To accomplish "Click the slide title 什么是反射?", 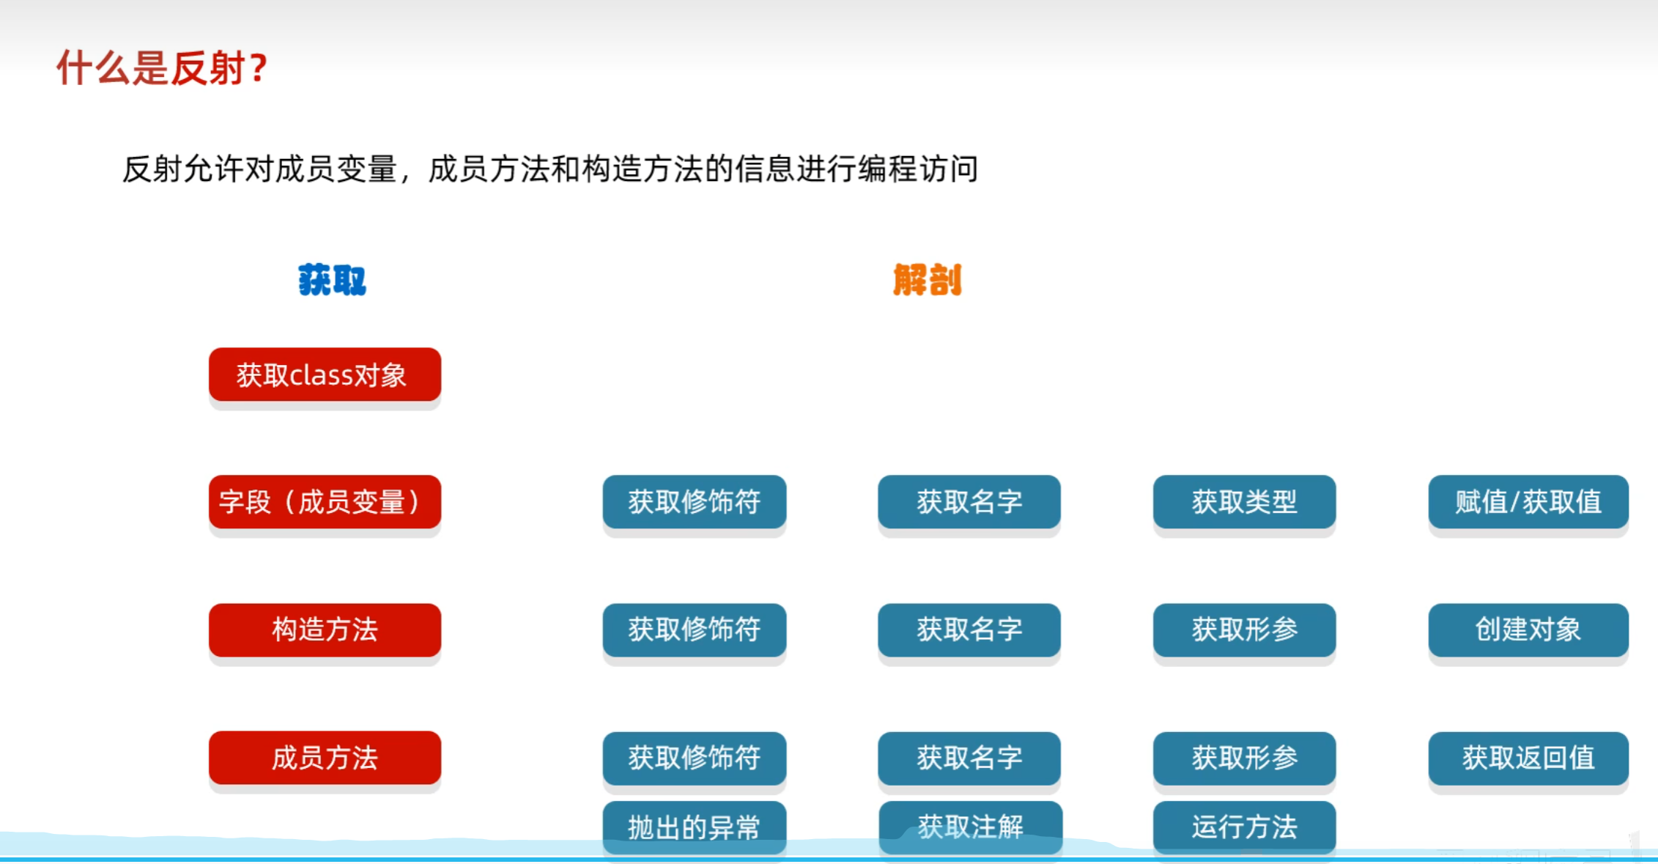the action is coord(162,68).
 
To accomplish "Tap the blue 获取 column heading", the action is coord(332,280).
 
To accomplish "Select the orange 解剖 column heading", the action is coord(927,280).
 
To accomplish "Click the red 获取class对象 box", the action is coord(325,374).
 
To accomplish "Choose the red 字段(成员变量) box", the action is coord(325,502).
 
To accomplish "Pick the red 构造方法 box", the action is coord(325,629).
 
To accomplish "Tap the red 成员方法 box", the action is coord(325,758).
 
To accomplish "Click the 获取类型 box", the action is coord(1244,502).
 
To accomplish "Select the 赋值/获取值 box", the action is coord(1528,502).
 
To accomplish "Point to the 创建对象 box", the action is coord(1528,629).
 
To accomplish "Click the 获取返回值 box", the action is coord(1528,758).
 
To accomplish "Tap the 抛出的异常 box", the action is coord(694,827).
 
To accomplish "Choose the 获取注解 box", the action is coord(969,827).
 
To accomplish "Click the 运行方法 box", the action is coord(1244,827).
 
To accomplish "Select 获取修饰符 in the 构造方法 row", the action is coord(694,629).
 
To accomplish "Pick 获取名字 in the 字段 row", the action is coord(969,502).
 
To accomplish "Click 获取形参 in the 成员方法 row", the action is coord(1244,758).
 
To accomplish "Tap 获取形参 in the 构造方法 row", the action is coord(1244,629).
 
